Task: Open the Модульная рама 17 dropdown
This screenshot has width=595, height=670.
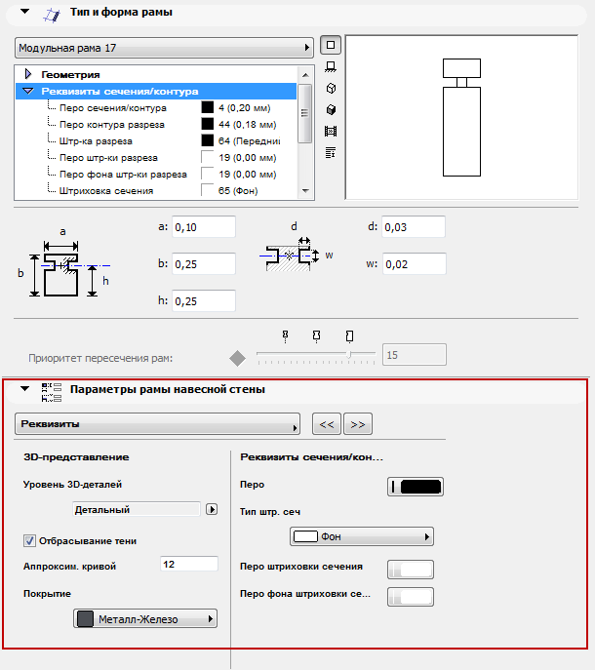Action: coord(164,47)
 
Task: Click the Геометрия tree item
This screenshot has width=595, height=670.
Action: coord(70,74)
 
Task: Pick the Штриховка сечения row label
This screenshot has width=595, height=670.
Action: coord(105,190)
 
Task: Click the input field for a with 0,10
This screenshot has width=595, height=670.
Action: coord(204,227)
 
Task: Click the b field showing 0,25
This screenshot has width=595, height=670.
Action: coord(204,264)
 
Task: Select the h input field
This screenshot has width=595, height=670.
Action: coord(204,301)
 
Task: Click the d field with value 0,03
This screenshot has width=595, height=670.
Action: coord(413,227)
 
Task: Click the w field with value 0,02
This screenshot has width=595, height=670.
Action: coord(413,264)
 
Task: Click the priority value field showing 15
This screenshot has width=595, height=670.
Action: coord(415,355)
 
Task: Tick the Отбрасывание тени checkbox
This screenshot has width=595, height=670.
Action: coord(29,540)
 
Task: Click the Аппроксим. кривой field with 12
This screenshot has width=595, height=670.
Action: coord(187,564)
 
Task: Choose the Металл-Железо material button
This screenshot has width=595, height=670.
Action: coord(145,619)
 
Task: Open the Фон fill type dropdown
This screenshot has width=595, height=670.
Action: coord(362,536)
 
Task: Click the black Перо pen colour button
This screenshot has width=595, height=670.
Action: coord(416,487)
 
